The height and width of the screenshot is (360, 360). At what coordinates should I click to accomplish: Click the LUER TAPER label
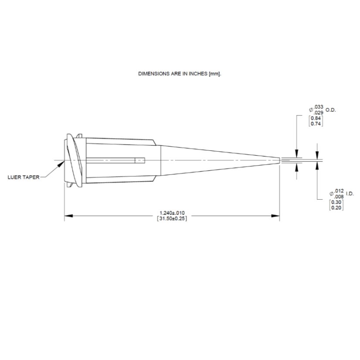pos(24,177)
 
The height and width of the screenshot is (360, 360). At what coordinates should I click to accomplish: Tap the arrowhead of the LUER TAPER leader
pos(61,164)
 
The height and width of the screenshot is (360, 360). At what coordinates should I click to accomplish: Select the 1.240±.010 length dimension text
pos(172,213)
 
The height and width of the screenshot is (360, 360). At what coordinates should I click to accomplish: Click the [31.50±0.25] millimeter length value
pos(172,219)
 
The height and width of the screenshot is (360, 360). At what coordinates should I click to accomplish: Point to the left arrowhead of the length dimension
pos(68,216)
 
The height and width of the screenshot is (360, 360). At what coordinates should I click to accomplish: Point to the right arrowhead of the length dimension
pos(275,216)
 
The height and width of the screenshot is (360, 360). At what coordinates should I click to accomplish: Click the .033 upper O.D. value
pos(319,107)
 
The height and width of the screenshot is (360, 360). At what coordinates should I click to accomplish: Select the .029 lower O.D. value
pos(319,112)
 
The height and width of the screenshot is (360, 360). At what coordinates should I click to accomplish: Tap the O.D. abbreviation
pos(331,110)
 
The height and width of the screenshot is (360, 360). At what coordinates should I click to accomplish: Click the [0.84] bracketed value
pos(316,118)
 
